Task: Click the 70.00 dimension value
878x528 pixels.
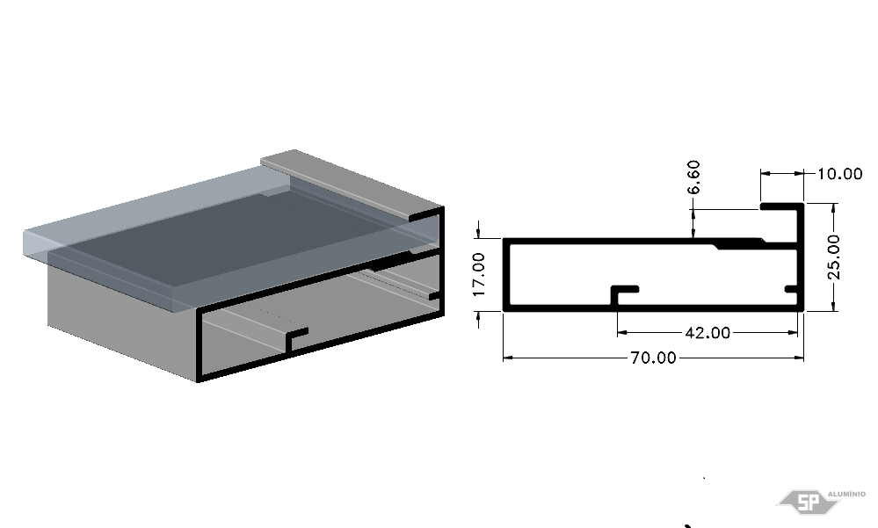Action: point(653,358)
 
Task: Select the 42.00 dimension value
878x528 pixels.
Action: point(707,333)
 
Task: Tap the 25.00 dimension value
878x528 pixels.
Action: point(834,257)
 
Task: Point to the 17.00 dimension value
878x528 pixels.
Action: point(479,274)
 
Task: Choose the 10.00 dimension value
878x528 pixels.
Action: point(840,174)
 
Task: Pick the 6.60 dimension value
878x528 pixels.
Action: point(693,177)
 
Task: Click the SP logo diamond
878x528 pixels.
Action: point(808,503)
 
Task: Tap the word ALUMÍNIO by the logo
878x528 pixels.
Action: point(846,494)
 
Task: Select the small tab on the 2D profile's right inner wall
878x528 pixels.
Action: point(791,289)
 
